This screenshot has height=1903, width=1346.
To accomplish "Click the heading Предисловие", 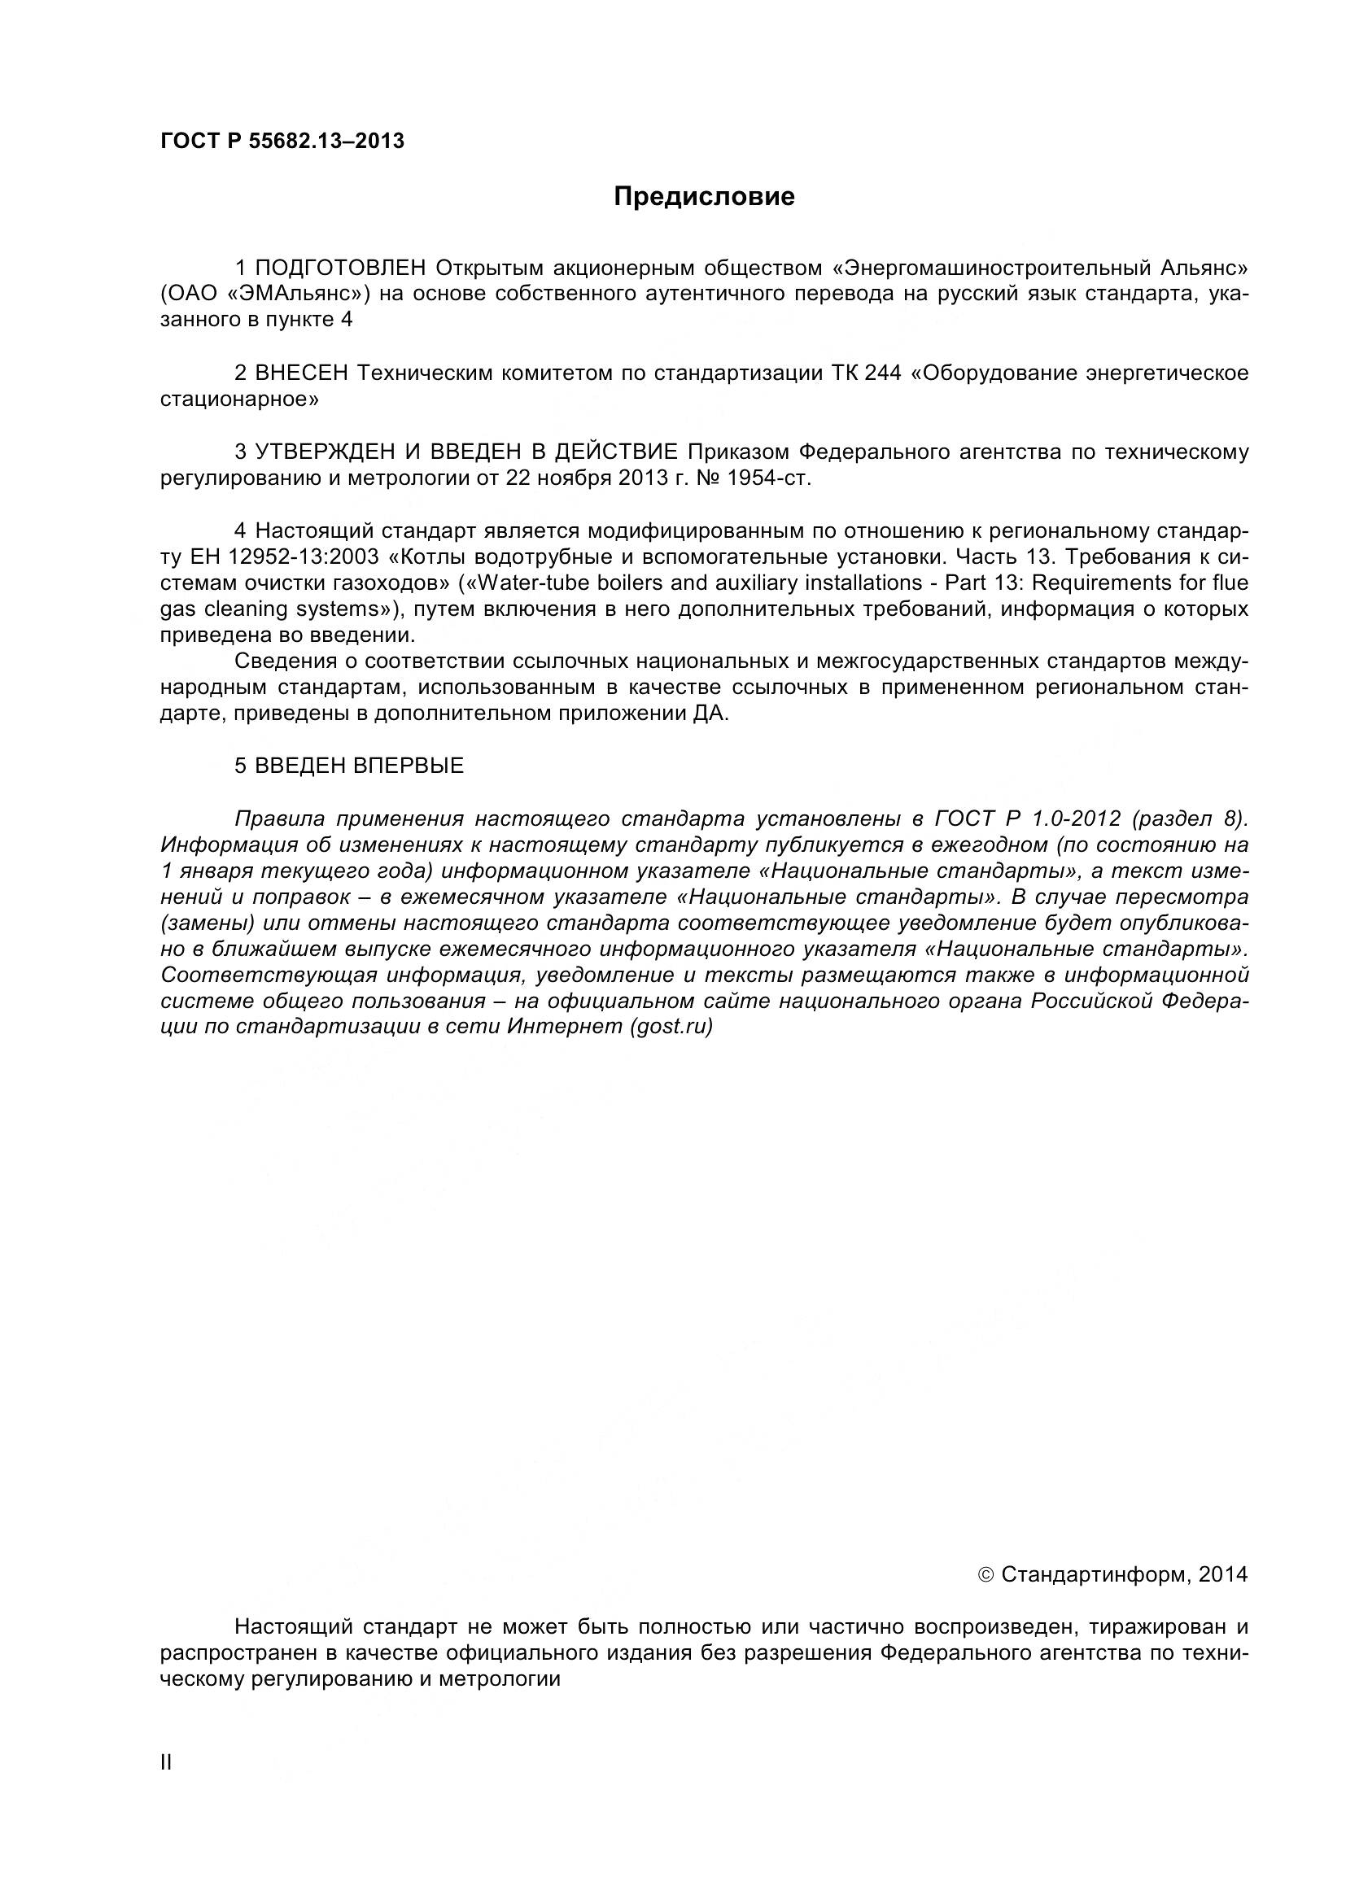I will (704, 196).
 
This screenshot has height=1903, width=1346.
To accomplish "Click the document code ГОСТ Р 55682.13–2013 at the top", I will (282, 141).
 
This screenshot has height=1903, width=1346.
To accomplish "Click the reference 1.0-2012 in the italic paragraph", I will (1076, 819).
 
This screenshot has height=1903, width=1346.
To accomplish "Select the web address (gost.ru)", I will (671, 1027).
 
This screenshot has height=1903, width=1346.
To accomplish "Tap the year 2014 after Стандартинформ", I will (1222, 1575).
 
